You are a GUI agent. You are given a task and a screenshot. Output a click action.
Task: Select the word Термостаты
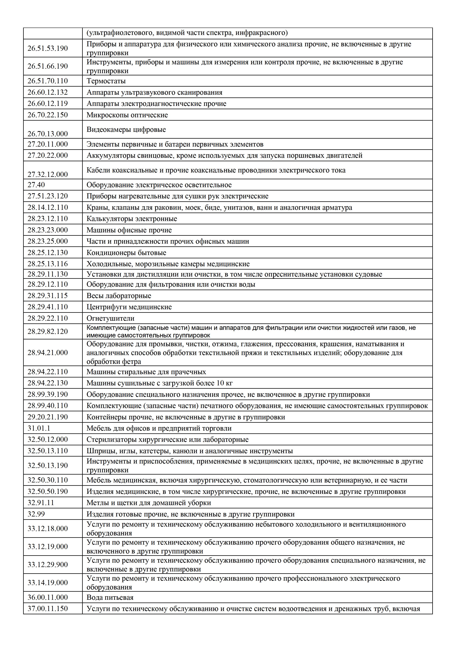[106, 81]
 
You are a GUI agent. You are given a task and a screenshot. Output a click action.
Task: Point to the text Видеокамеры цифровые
[126, 129]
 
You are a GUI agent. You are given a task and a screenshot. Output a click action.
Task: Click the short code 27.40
[36, 185]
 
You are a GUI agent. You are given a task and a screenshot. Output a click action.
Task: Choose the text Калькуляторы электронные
[132, 219]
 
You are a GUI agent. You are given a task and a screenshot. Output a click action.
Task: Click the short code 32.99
[36, 514]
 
